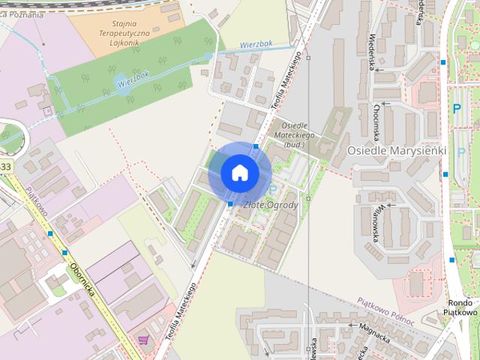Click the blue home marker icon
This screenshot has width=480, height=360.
pos(239,172)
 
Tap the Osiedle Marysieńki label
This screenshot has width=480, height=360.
pos(397,150)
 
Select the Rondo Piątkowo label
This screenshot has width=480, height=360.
pos(460,307)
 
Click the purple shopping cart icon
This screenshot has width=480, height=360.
pos(142,340)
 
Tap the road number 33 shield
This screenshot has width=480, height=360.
pos(6,166)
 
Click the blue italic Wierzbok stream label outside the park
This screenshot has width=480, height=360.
pos(256,44)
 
